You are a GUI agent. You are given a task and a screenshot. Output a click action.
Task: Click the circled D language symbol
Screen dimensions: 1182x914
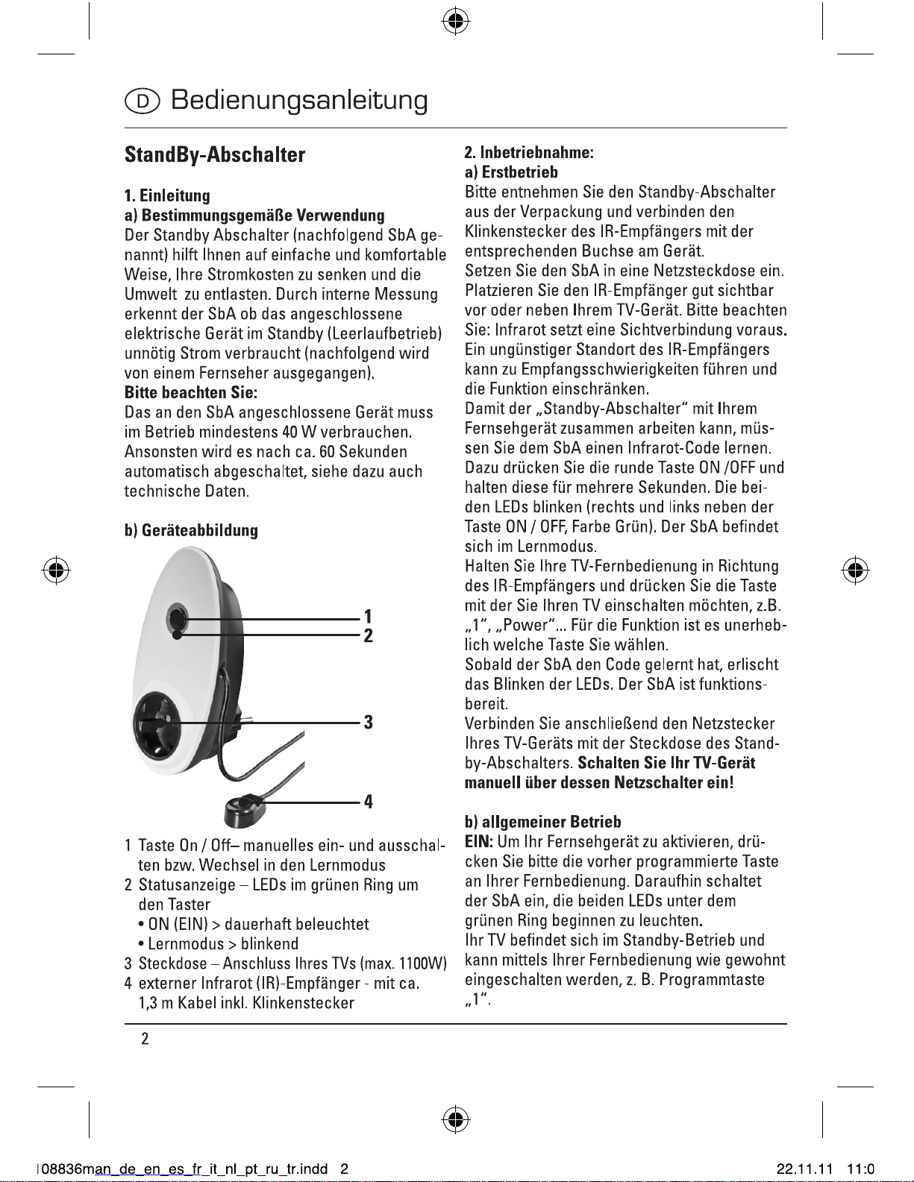[x=142, y=101]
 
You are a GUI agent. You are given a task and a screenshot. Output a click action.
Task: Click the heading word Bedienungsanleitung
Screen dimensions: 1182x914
[x=299, y=100]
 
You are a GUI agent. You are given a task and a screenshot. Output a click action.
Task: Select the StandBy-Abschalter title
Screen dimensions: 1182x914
[x=215, y=155]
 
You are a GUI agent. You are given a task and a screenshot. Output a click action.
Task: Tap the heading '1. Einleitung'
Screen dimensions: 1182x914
[x=167, y=196]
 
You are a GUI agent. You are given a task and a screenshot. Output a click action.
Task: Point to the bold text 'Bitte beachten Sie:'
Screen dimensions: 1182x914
[x=190, y=392]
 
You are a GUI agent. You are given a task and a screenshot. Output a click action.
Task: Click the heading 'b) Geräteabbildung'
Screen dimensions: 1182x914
[x=191, y=530]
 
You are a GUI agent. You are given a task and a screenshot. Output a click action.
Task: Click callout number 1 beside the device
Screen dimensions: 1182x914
[x=368, y=616]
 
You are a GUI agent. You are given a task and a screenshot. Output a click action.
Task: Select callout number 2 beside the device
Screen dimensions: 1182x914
[x=368, y=636]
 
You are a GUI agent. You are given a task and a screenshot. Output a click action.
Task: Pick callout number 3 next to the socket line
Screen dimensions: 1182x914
[x=368, y=722]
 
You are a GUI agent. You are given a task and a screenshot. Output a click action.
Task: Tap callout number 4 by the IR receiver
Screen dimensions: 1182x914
[x=368, y=802]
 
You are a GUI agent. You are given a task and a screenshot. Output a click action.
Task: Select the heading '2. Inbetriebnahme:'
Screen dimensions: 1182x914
[x=529, y=153]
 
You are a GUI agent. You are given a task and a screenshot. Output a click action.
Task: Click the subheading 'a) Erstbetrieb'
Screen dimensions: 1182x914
[x=511, y=172]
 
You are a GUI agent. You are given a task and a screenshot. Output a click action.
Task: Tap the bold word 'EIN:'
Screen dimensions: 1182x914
[x=479, y=842]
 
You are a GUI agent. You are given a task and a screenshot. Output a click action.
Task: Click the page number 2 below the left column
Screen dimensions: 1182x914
[x=145, y=1039]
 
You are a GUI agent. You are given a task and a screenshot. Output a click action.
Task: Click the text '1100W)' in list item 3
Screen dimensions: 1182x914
[x=423, y=963]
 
